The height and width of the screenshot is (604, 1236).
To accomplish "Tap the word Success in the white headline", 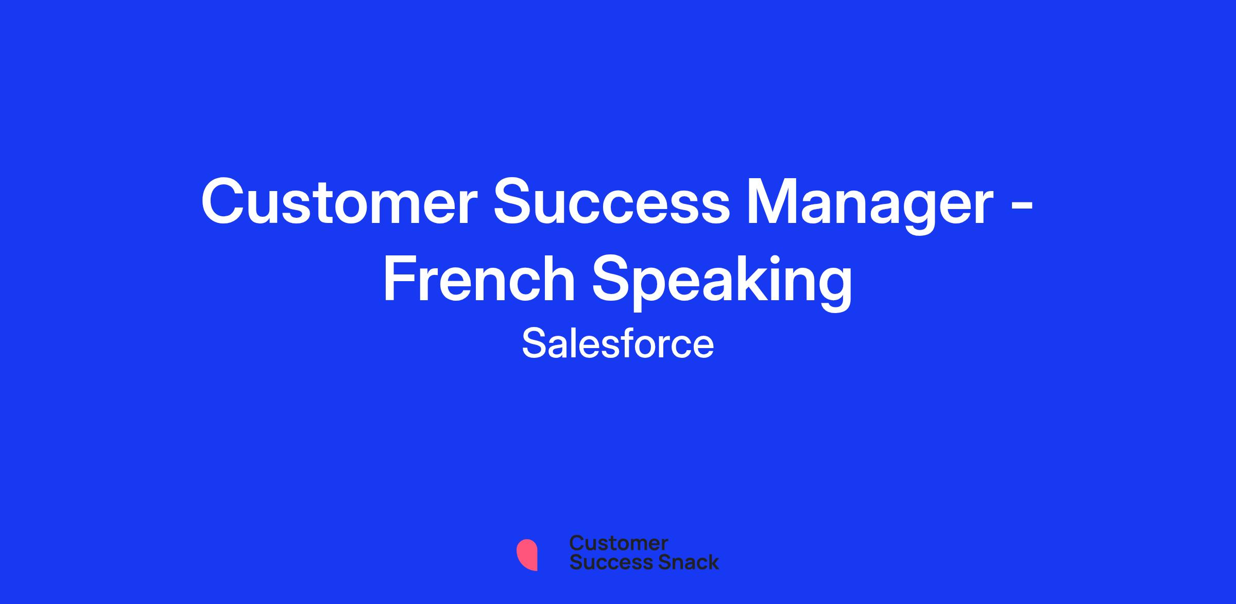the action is click(x=611, y=201).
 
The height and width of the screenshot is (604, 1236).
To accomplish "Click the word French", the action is click(x=479, y=278).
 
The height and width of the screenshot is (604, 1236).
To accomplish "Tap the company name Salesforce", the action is click(x=618, y=344).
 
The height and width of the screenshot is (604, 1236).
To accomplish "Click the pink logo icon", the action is click(x=527, y=555).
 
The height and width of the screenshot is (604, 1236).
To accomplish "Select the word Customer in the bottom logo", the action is click(x=619, y=543).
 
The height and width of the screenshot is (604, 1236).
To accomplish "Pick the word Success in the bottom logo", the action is click(x=605, y=562).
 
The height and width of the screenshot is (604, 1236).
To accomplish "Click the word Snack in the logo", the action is click(x=681, y=562).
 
